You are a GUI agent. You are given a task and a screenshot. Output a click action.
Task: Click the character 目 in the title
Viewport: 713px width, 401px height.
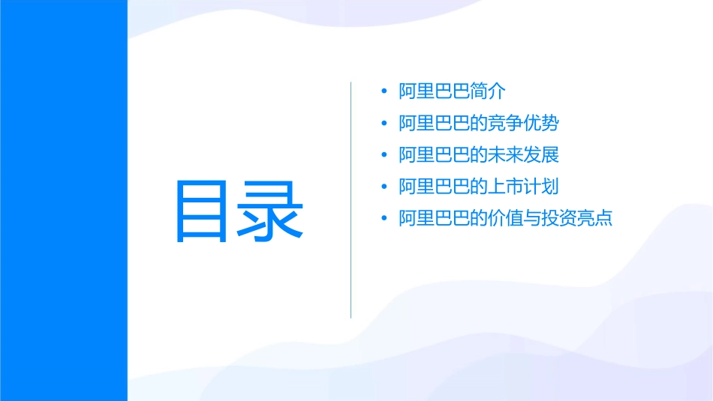(200, 211)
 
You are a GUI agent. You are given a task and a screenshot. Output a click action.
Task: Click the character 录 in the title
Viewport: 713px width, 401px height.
(272, 211)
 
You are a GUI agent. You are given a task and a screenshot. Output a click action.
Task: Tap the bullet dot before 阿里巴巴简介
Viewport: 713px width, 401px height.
(384, 91)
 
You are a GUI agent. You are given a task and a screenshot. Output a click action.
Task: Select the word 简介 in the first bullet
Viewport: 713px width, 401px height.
(489, 91)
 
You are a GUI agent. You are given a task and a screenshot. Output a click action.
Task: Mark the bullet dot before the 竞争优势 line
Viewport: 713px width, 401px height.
(384, 124)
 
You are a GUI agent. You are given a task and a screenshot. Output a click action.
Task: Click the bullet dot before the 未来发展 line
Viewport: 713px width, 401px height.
(384, 155)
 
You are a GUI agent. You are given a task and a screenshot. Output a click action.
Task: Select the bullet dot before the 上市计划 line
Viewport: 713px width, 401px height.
(384, 187)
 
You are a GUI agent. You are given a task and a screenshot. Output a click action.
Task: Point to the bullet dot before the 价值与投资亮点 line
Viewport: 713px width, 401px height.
(384, 219)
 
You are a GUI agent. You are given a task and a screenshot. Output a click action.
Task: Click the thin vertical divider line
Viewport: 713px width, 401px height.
(351, 199)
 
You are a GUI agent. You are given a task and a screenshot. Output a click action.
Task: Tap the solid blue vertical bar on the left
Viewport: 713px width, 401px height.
(63, 200)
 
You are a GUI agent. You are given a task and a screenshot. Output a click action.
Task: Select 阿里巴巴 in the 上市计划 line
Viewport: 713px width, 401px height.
(435, 187)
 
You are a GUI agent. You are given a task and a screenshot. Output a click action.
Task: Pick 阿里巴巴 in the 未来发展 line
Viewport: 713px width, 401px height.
(435, 155)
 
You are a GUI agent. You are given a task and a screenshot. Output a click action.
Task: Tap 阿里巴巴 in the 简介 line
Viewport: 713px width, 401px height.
(435, 91)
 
